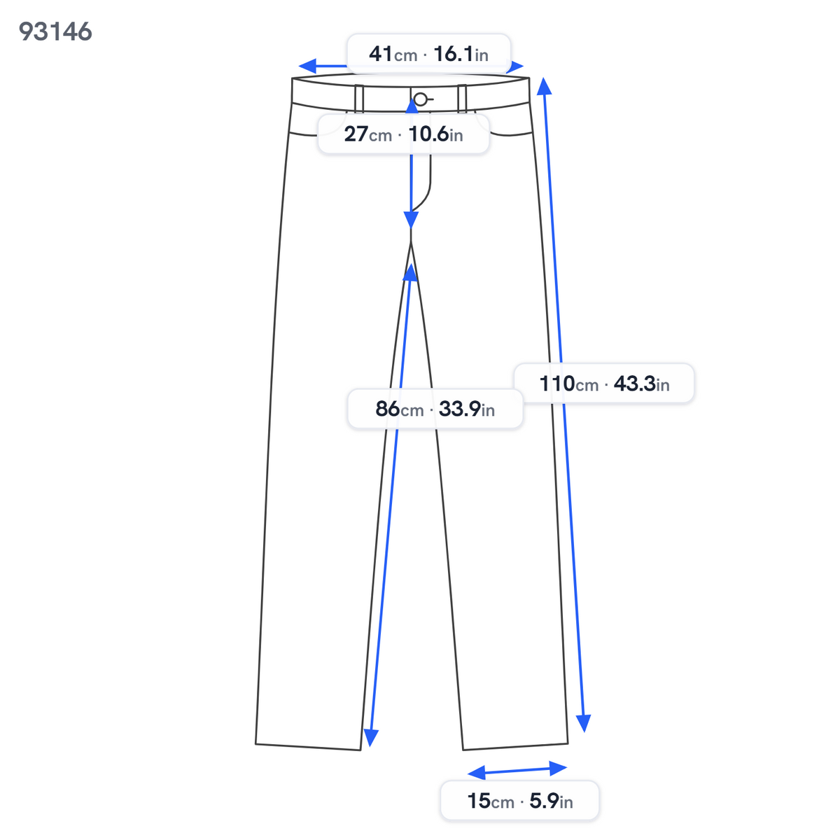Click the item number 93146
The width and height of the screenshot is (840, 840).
pos(55,31)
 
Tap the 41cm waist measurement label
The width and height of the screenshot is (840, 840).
pos(428,54)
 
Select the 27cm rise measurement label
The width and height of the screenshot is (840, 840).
pos(403,134)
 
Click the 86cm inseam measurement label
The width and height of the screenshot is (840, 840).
pos(435,409)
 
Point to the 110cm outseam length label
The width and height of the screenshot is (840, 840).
pos(603,384)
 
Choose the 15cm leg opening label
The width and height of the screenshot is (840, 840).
pos(519,801)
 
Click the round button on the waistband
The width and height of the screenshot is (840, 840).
pos(421,99)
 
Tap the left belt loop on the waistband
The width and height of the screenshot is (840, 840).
pos(359,98)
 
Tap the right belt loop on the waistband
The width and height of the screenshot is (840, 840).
pos(462,98)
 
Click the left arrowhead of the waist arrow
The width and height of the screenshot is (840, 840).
pos(307,66)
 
